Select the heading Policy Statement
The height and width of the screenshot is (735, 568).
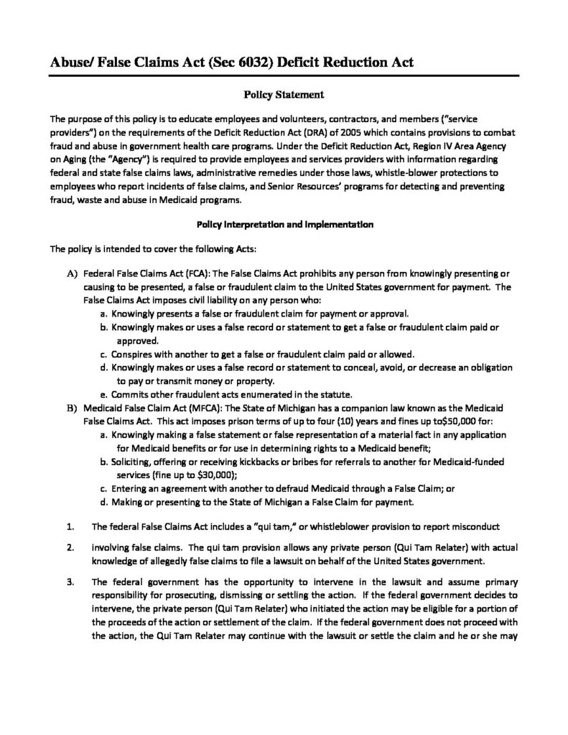[284, 94]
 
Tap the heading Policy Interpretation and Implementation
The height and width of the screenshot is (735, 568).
[284, 224]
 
